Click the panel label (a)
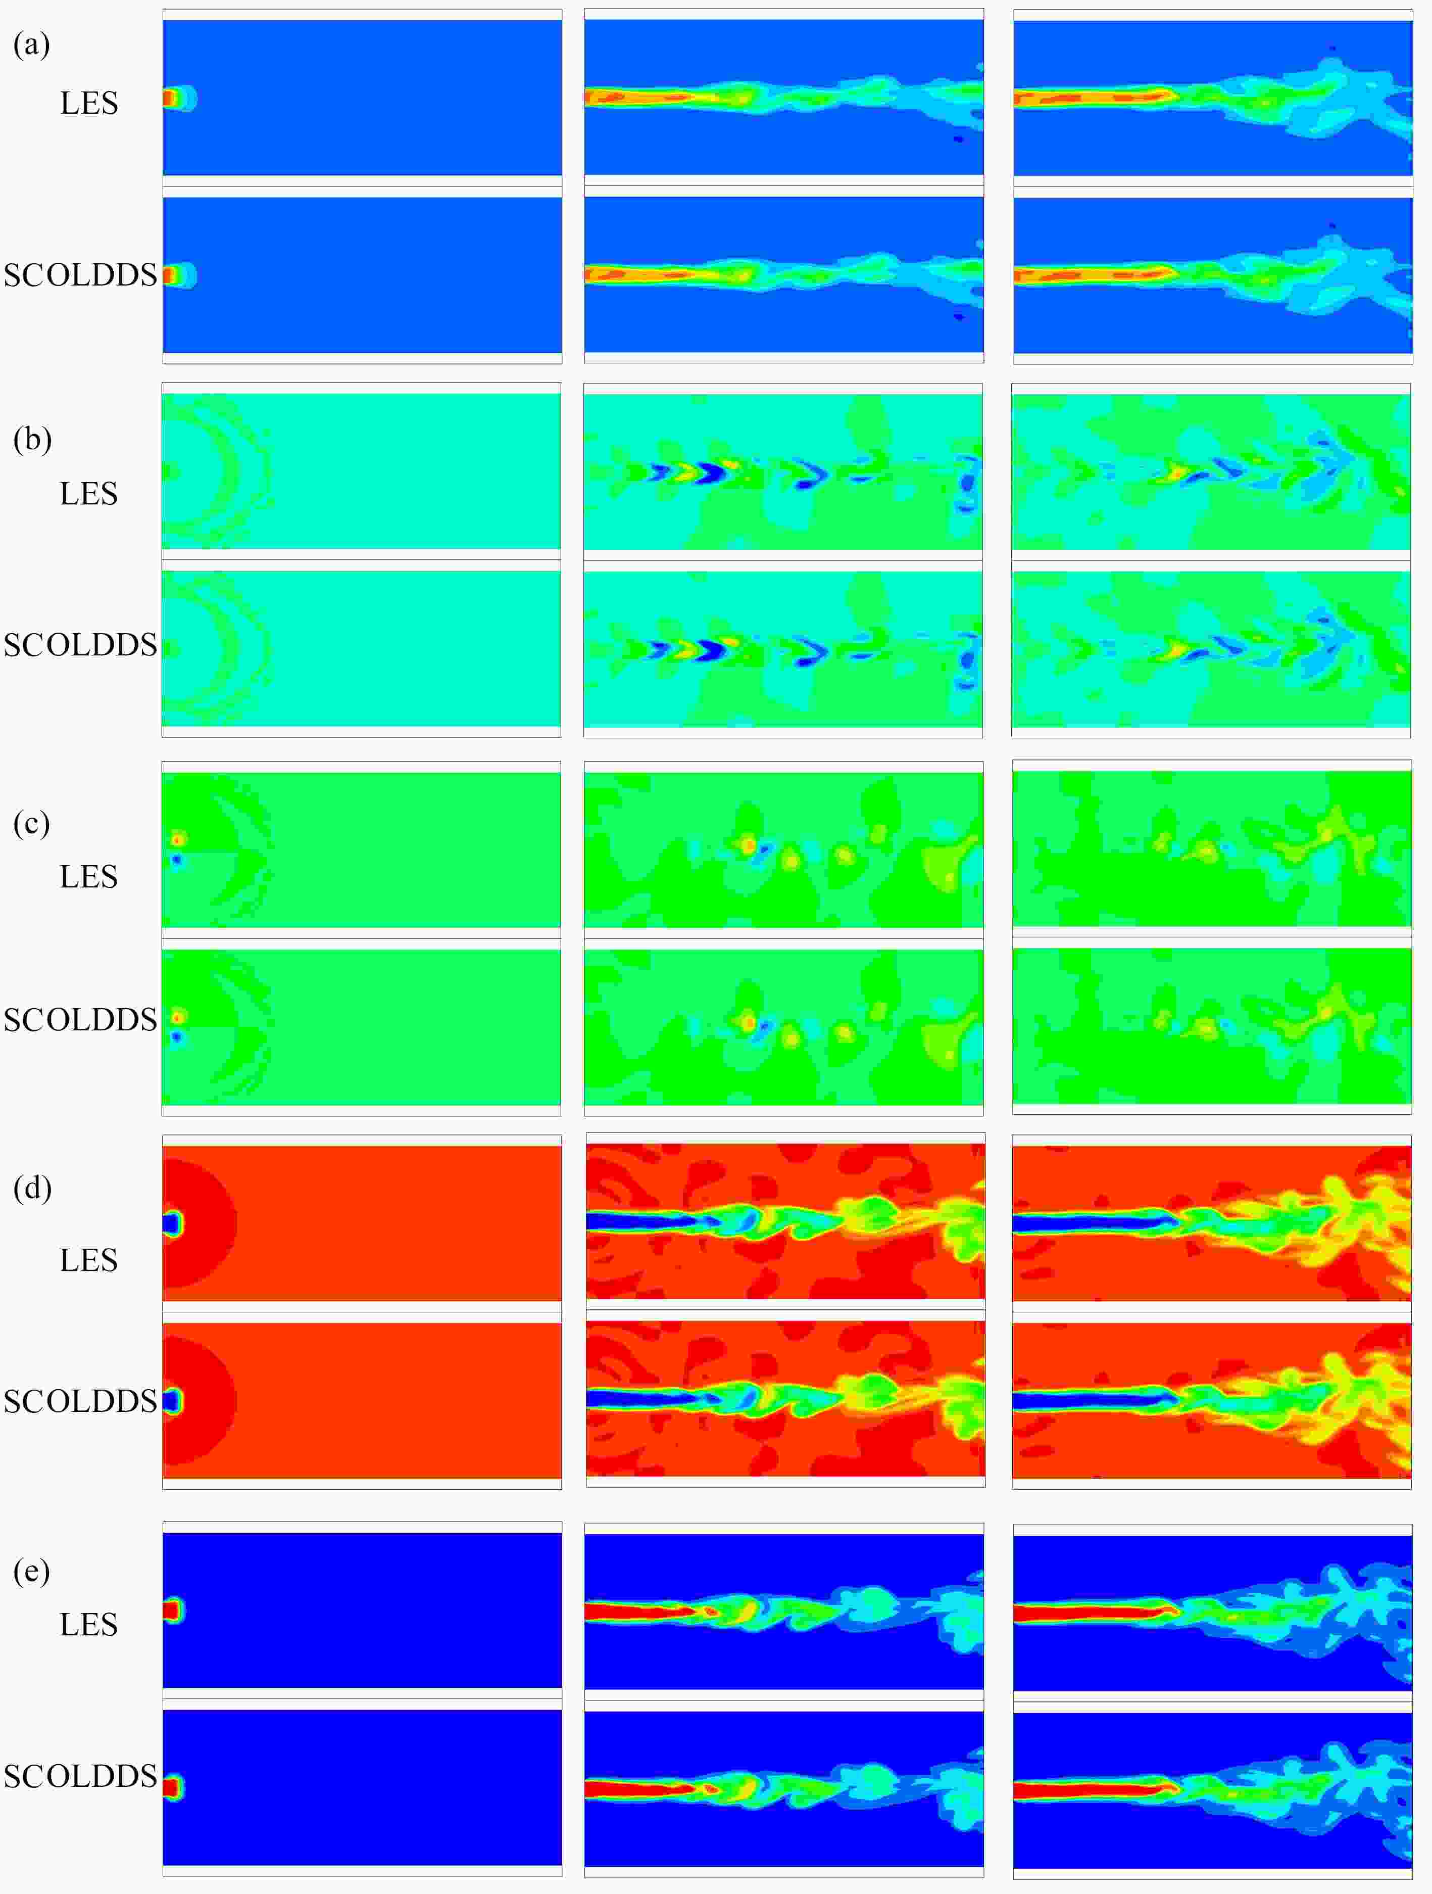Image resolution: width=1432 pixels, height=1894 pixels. [32, 44]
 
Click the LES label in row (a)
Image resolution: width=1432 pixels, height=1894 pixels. [89, 104]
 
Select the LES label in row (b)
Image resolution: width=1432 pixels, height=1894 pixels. [89, 494]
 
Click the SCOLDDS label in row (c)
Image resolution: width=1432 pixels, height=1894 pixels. [80, 1020]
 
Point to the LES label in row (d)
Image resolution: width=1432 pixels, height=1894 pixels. [89, 1260]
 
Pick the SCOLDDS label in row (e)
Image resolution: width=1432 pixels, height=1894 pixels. [80, 1777]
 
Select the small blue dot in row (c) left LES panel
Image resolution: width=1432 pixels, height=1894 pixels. [177, 859]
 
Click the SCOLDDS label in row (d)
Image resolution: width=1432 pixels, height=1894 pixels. [80, 1402]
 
